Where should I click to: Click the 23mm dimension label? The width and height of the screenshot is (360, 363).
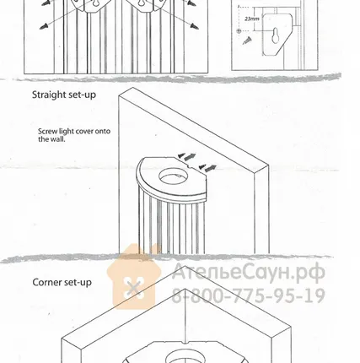coord(252,19)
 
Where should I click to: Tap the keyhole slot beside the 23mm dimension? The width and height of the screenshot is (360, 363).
coord(275,35)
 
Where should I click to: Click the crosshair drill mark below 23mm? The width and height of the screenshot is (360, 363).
coord(239,30)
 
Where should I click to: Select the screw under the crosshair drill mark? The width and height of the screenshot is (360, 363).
coord(247,41)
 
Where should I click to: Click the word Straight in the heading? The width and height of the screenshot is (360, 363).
coord(49,95)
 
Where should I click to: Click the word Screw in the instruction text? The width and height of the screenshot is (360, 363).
coord(47,131)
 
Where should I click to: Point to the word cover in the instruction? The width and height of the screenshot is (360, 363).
coord(82,131)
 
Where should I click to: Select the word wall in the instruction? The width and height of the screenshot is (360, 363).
coord(58,138)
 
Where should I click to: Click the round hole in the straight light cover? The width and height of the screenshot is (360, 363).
coord(173,176)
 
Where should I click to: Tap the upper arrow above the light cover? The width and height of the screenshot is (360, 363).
coord(190,157)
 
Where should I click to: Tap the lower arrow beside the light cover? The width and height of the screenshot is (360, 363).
coord(211,168)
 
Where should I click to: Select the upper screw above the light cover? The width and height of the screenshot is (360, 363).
coord(181,155)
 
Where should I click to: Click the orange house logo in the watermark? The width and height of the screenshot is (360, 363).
coord(133,277)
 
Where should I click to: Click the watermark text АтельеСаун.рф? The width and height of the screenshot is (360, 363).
coord(248,272)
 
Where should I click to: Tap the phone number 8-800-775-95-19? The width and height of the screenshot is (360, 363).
coord(248,295)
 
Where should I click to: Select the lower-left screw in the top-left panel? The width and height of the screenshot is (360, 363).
coord(44,27)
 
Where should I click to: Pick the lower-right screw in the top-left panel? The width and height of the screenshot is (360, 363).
coord(194,26)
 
